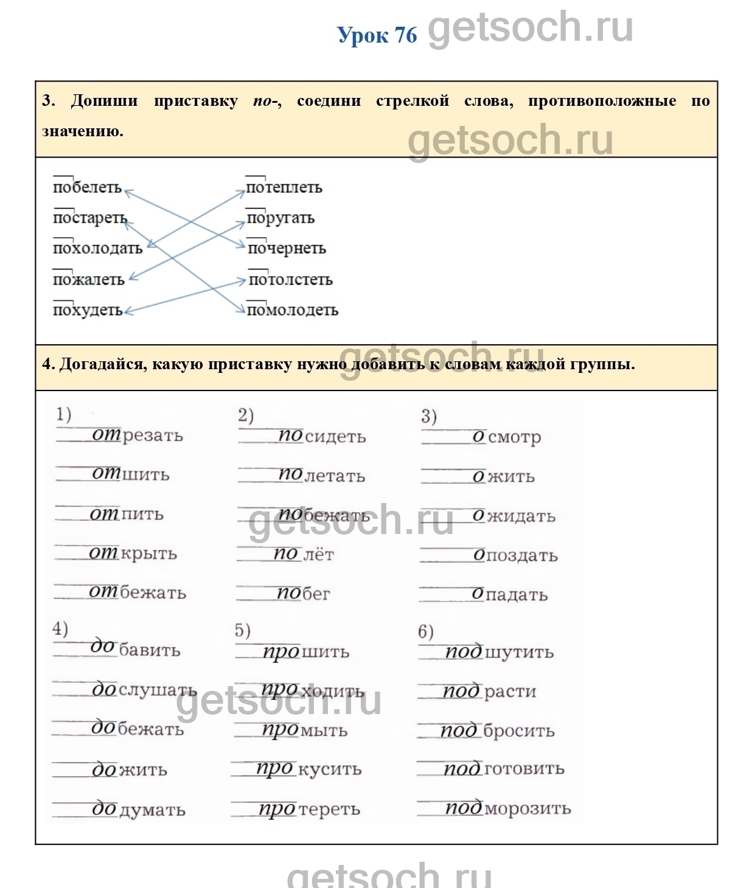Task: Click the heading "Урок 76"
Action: click(x=377, y=35)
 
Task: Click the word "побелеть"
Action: click(x=87, y=187)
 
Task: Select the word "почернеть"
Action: click(x=287, y=249)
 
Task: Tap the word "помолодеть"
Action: click(x=292, y=310)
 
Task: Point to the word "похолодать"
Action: click(x=97, y=248)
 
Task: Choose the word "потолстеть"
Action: click(x=290, y=280)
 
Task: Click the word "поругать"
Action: click(x=280, y=218)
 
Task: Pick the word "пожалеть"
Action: click(x=88, y=280)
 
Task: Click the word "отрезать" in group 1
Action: click(x=137, y=435)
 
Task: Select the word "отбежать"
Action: click(x=137, y=592)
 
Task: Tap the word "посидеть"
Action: click(x=322, y=437)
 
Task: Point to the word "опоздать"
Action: click(x=515, y=555)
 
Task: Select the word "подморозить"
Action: click(x=508, y=808)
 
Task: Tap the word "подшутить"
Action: click(x=499, y=652)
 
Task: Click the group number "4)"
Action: click(x=60, y=628)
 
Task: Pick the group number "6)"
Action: click(x=426, y=631)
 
